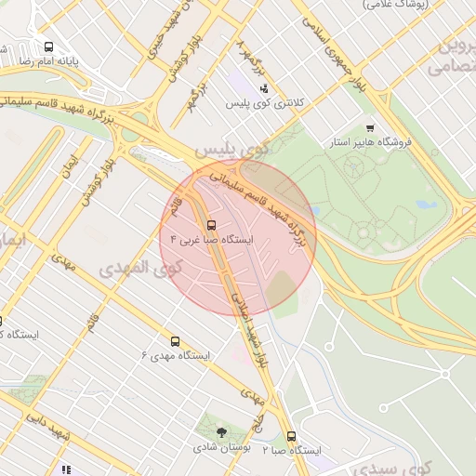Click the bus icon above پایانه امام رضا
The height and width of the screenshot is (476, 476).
(x=47, y=46)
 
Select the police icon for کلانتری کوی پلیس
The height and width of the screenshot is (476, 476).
(x=264, y=89)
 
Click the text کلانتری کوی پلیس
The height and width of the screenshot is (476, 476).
(x=263, y=104)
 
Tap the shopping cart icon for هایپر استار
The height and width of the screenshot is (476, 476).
(x=370, y=129)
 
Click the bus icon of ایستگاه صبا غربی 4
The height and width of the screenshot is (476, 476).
(x=211, y=225)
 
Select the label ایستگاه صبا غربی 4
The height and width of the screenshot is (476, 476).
(x=206, y=240)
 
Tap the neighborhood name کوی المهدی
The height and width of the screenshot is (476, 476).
(x=140, y=268)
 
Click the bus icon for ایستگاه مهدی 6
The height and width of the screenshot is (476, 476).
(x=175, y=341)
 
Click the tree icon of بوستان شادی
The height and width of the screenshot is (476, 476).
(x=221, y=432)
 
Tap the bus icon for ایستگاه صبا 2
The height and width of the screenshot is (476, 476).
(x=291, y=436)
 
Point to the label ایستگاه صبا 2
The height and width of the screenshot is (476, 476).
(x=291, y=450)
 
